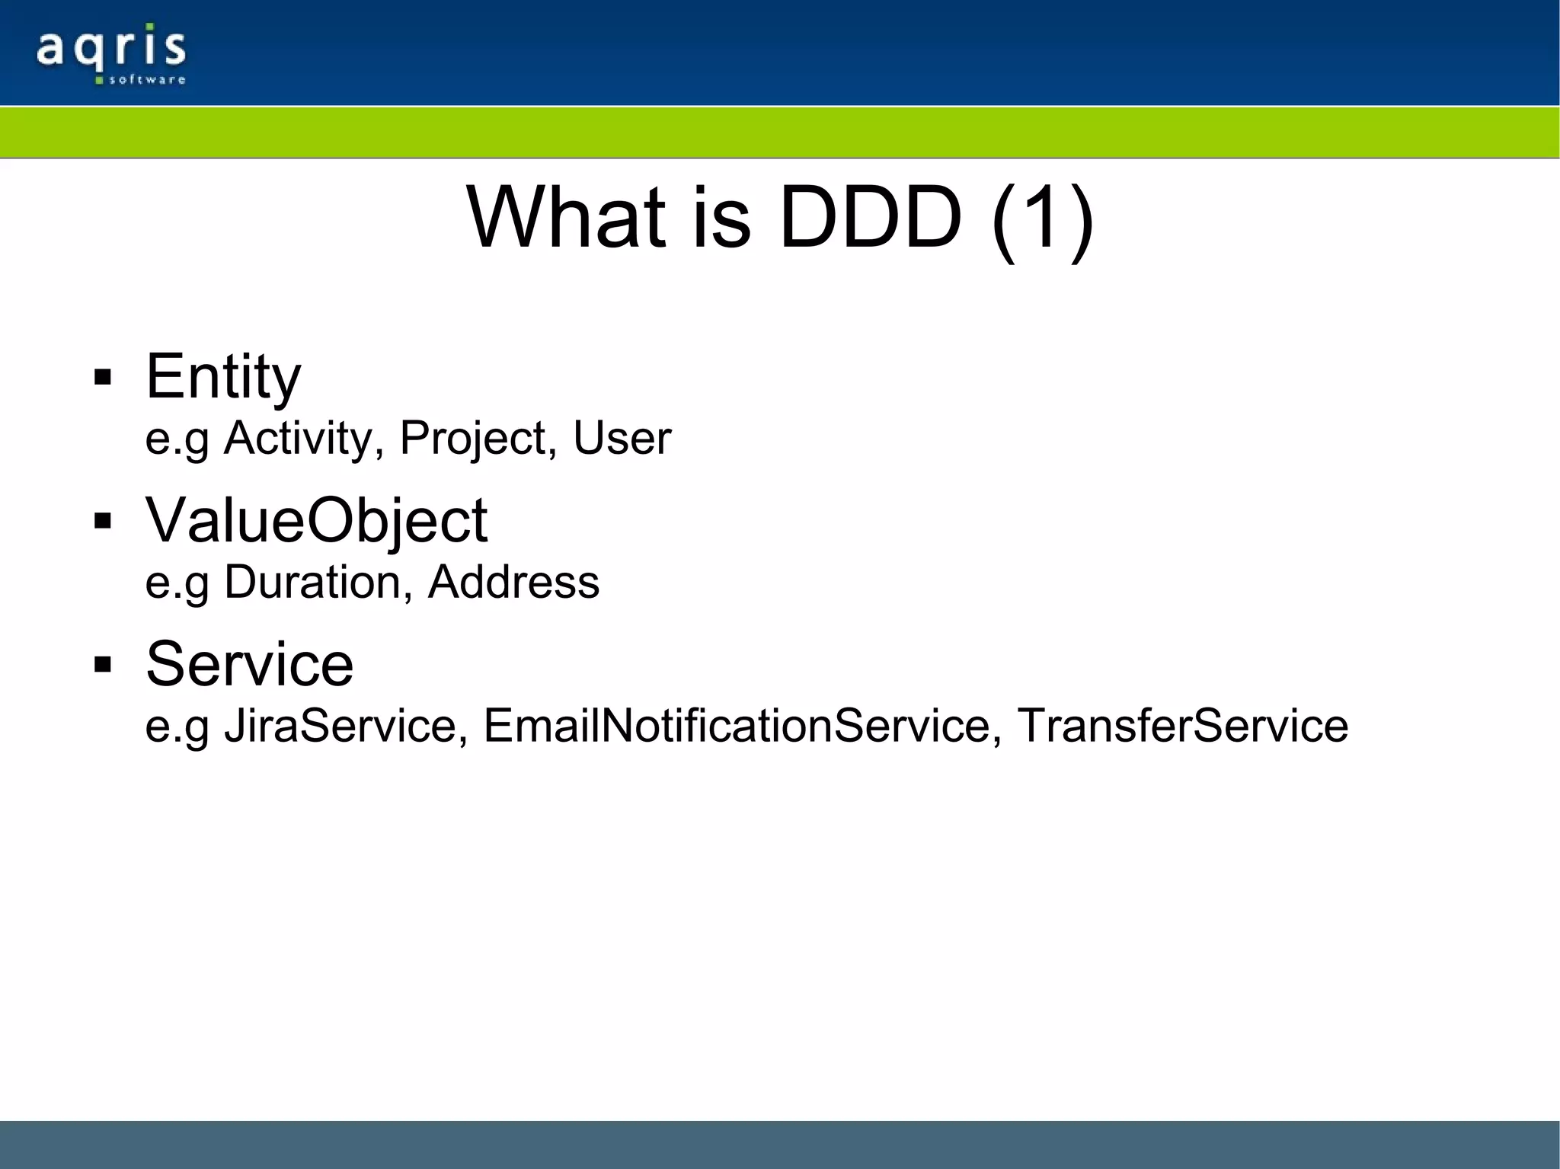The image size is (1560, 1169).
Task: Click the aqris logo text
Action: (110, 47)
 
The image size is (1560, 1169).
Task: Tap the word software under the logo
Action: (147, 79)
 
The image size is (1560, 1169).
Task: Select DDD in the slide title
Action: (870, 219)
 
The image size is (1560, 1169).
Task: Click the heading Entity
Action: (223, 377)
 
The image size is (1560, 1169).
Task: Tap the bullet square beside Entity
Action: (103, 378)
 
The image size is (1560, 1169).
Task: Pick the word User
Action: (622, 439)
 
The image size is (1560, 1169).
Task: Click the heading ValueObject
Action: (316, 521)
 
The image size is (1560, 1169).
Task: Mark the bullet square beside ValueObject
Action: (103, 522)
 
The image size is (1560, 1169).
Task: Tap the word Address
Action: (513, 583)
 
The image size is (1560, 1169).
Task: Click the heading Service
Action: (249, 664)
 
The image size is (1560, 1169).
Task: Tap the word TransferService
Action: (1182, 726)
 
